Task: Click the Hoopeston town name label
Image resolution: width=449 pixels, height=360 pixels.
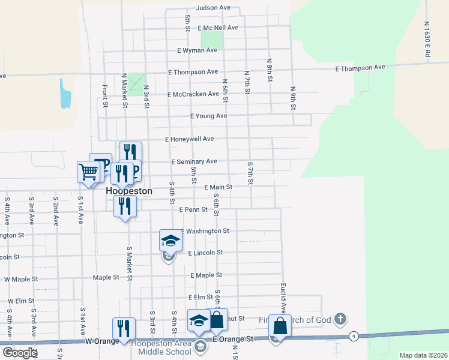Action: pos(129,191)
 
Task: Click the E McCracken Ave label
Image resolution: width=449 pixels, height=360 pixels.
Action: pos(194,94)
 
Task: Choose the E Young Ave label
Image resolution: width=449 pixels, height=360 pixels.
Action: pos(208,116)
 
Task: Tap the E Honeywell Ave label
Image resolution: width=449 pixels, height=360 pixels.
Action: pos(190,139)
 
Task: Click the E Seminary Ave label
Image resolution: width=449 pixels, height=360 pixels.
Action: pos(194,162)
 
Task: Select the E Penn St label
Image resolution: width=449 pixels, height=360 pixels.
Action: pos(193,210)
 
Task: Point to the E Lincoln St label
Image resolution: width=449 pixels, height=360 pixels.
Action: pos(205,253)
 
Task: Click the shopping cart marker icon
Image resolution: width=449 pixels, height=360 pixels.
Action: pos(88,172)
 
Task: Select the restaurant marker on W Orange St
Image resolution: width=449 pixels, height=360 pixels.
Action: pos(124,328)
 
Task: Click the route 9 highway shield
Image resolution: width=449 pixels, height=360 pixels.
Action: pos(355,336)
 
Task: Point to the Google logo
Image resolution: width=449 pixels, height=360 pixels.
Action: pos(19,353)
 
